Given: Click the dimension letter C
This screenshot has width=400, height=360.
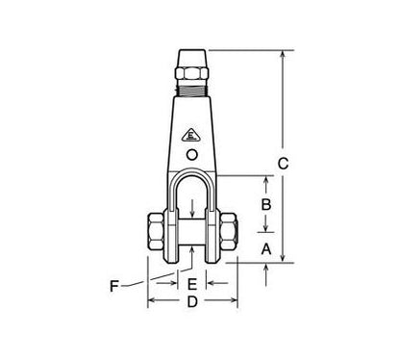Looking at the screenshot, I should point(283,165).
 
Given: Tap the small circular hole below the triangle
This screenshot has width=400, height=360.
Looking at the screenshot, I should point(192,154).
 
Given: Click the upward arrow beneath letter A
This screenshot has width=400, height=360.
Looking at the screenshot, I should point(265,269).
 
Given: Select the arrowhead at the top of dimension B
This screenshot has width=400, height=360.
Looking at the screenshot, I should point(265,180).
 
